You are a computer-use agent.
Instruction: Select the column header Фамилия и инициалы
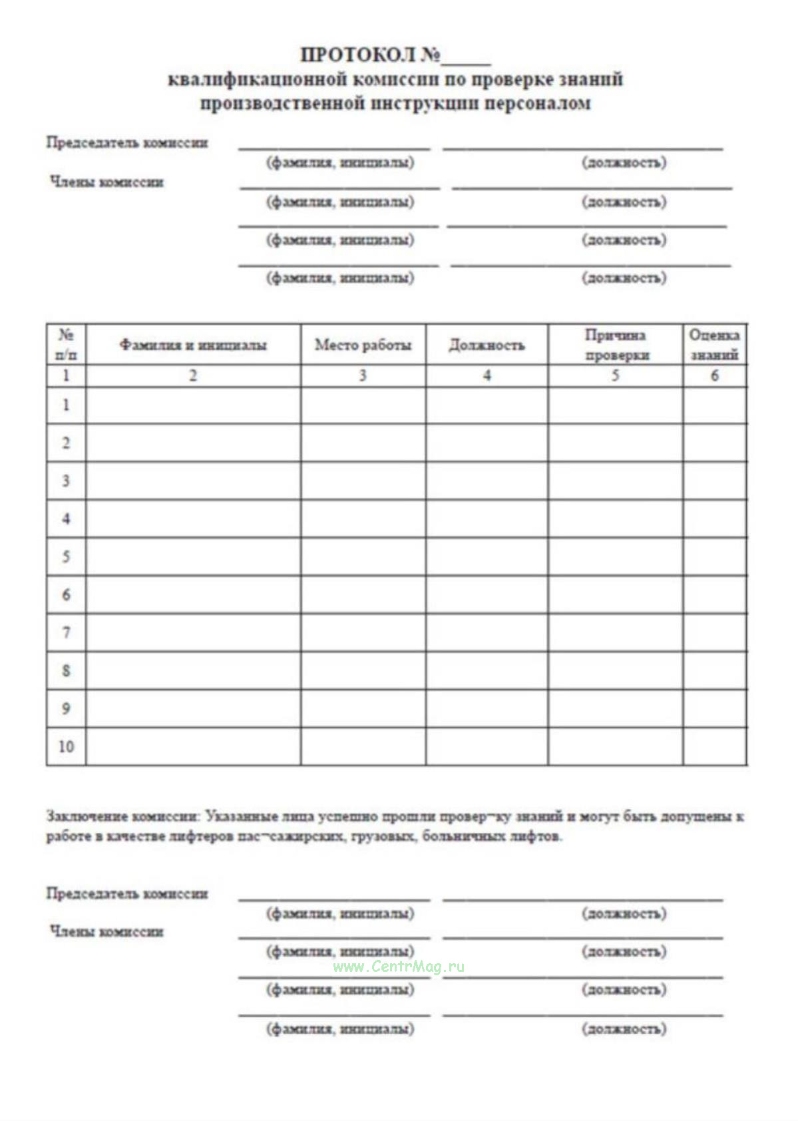(193, 345)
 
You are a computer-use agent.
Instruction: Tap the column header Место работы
(363, 345)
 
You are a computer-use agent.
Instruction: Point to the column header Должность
(487, 345)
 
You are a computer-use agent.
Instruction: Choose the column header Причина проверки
(616, 345)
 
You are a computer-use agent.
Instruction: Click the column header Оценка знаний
(714, 345)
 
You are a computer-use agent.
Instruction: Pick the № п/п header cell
(66, 345)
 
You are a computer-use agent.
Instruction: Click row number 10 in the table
(66, 746)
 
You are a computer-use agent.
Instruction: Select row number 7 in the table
(66, 632)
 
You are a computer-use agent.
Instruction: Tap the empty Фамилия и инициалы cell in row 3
(193, 481)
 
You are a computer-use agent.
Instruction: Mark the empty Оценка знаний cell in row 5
(714, 557)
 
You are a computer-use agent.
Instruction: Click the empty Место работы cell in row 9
(363, 708)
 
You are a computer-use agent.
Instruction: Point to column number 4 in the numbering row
(487, 375)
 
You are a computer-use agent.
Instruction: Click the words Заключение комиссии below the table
(122, 816)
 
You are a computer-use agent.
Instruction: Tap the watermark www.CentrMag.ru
(398, 967)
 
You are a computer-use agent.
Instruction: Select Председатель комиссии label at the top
(126, 142)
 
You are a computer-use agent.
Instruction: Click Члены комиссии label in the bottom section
(106, 931)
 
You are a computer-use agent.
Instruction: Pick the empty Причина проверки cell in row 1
(616, 405)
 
